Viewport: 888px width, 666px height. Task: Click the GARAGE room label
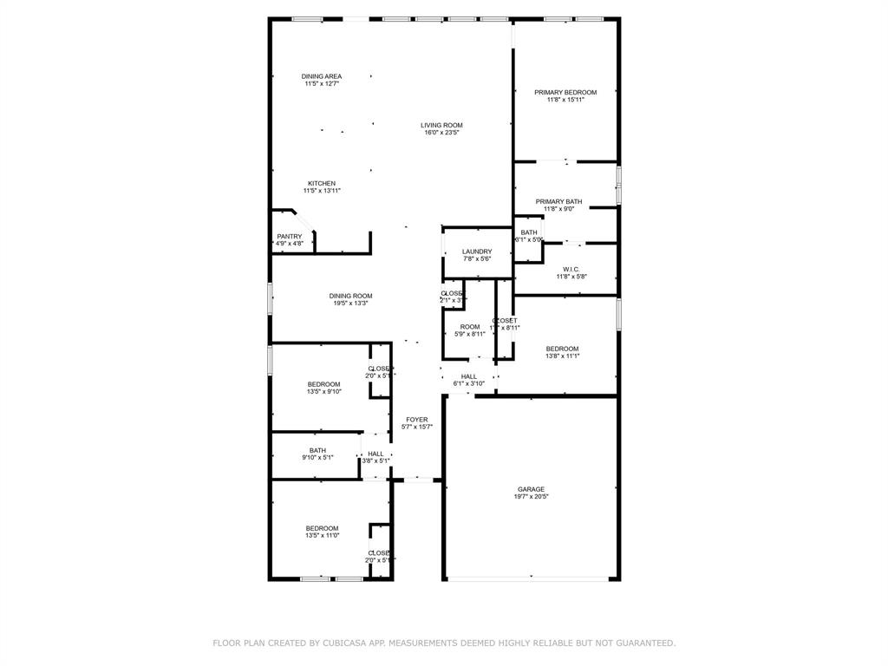tap(531, 489)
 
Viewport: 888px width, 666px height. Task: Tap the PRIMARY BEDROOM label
tap(565, 92)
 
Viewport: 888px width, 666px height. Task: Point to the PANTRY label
tap(290, 237)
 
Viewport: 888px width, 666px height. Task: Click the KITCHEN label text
tap(322, 183)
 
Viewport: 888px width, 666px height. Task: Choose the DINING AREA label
tap(322, 76)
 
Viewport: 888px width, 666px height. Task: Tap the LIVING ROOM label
tap(442, 125)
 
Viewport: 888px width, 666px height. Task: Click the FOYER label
tap(417, 420)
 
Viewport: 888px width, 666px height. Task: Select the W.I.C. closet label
tap(571, 269)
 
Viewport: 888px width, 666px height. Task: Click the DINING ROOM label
tap(351, 296)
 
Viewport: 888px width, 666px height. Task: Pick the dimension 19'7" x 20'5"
tap(531, 497)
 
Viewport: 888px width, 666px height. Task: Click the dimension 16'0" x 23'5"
tap(442, 133)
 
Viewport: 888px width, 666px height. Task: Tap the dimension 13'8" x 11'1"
tap(562, 356)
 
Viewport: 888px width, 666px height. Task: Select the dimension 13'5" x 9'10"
tap(323, 392)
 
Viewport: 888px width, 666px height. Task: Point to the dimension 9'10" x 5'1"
tap(318, 458)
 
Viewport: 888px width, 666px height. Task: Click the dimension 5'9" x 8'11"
tap(470, 334)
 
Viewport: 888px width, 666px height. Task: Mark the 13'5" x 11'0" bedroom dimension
tap(322, 536)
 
